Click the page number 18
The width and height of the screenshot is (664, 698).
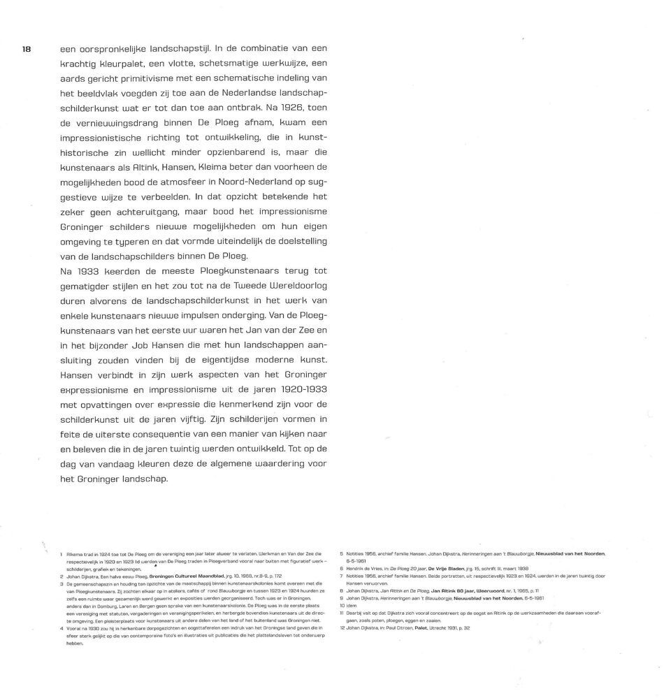(x=27, y=49)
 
